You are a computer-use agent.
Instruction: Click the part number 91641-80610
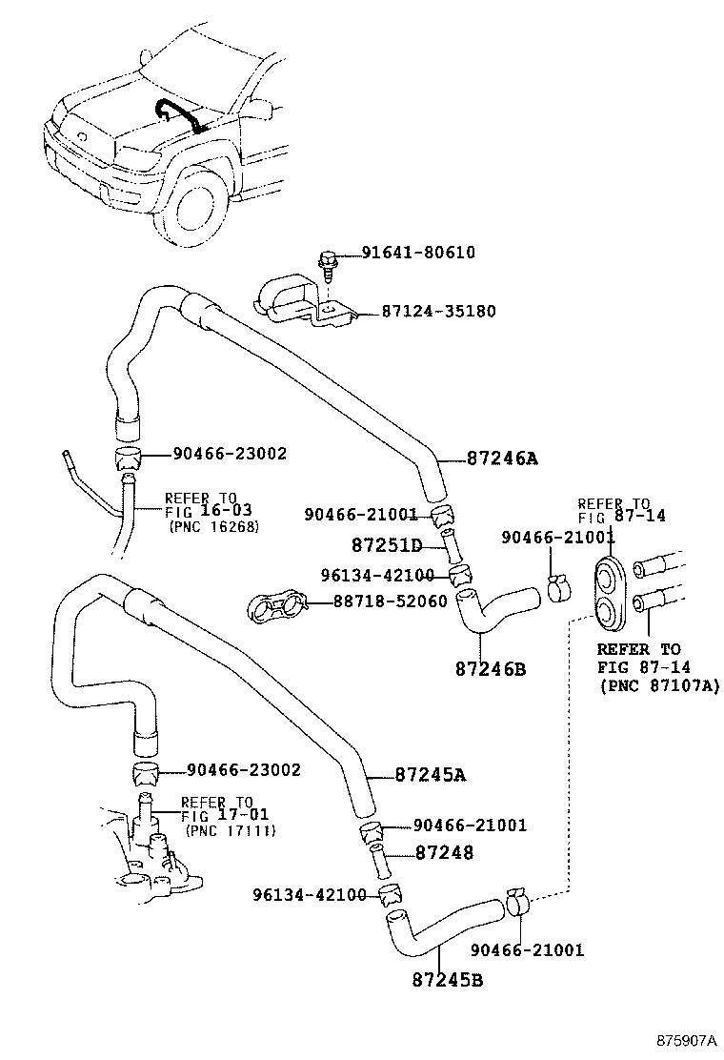coord(418,253)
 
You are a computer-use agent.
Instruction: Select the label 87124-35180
coord(438,312)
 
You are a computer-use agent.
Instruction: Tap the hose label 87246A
coord(502,459)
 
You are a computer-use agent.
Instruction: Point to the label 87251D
coord(386,545)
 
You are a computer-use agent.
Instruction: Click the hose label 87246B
coord(490,669)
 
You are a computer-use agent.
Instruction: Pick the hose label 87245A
coord(431,774)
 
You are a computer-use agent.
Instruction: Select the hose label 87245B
coord(447,978)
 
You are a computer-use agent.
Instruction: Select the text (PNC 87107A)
coord(658,685)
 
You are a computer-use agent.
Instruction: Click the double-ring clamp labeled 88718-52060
coord(277,605)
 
